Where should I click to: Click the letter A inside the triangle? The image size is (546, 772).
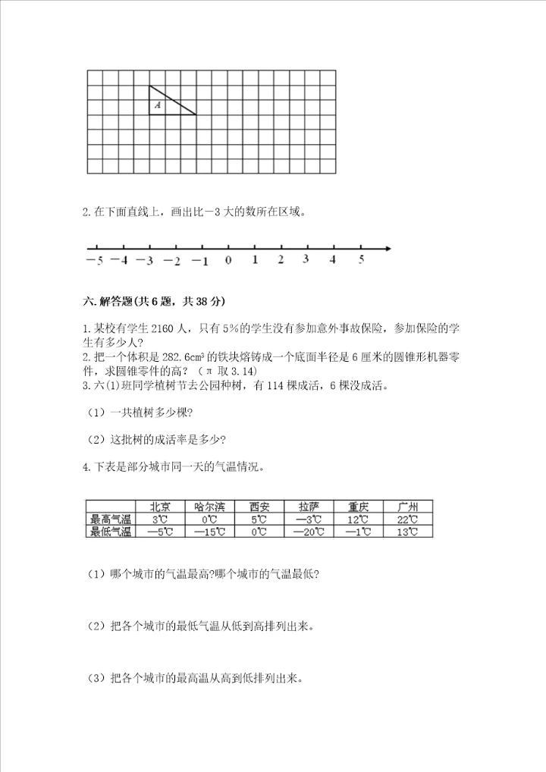coord(158,106)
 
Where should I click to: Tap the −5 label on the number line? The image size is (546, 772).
coord(94,260)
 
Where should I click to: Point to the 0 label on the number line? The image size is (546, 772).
coord(228,260)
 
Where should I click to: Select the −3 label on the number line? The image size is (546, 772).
coord(145,260)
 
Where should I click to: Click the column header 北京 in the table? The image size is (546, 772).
coord(160,507)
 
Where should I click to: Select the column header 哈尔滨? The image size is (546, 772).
coord(209,507)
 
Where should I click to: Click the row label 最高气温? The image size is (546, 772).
coord(111,519)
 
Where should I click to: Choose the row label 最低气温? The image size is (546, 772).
coord(111,532)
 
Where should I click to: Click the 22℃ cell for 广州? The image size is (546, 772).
coord(407,519)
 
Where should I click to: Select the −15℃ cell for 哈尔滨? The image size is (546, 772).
coord(209,532)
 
